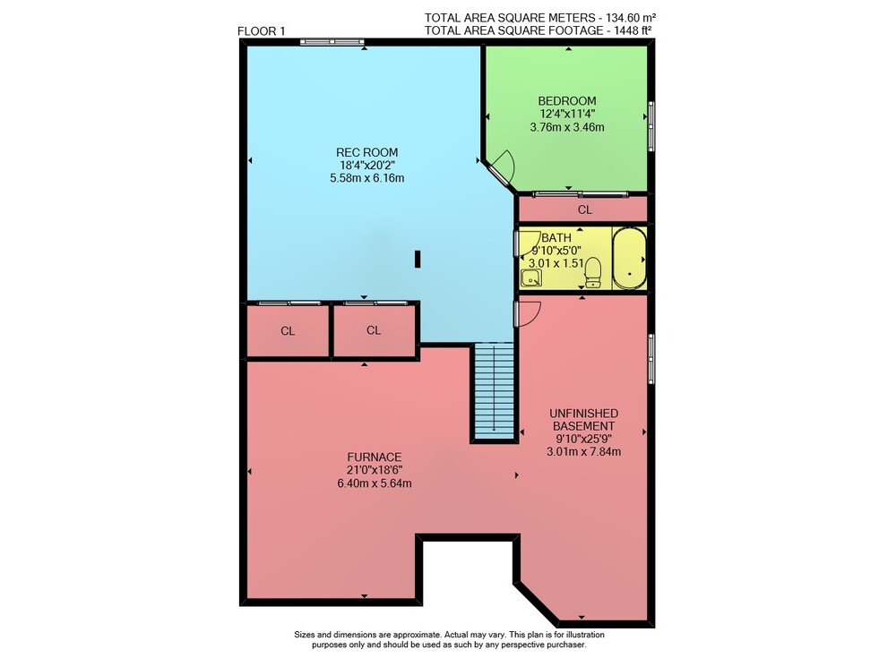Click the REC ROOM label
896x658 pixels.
tap(366, 152)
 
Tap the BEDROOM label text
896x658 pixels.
tap(567, 101)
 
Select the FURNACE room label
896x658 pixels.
tap(375, 457)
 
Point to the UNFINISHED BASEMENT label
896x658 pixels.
tap(583, 419)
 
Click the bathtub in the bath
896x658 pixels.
tap(629, 258)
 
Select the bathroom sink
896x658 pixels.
tap(531, 278)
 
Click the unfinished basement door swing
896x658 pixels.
tap(530, 314)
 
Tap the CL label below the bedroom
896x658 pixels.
tap(584, 209)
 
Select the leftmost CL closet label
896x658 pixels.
tap(288, 330)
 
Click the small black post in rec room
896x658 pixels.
tap(418, 259)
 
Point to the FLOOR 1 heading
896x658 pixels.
tap(261, 31)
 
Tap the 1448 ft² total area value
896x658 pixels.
tap(633, 30)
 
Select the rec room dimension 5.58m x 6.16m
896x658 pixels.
tap(366, 178)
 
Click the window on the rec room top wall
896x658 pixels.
tap(332, 42)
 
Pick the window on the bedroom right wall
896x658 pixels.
tap(650, 126)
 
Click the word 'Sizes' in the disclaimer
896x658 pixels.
tap(305, 635)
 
